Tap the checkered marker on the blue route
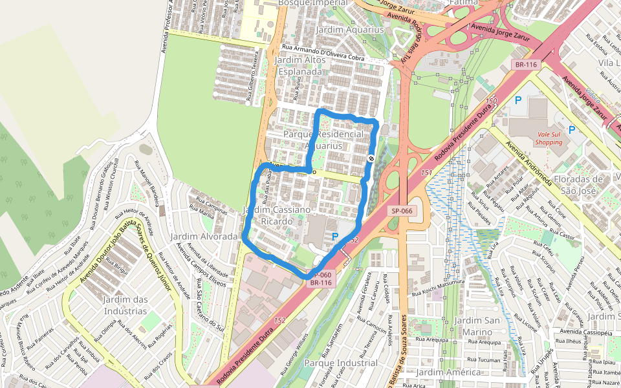[x=371, y=158]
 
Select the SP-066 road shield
[x=402, y=211]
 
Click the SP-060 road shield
[x=320, y=275]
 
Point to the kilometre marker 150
[x=492, y=101]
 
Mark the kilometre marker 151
[x=426, y=173]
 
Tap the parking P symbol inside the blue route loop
[x=334, y=237]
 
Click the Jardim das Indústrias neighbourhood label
[x=125, y=305]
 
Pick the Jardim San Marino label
[x=477, y=327]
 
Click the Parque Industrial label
[x=340, y=363]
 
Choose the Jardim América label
[x=449, y=372]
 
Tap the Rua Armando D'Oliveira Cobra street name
[x=323, y=55]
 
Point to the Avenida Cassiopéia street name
[x=581, y=332]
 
